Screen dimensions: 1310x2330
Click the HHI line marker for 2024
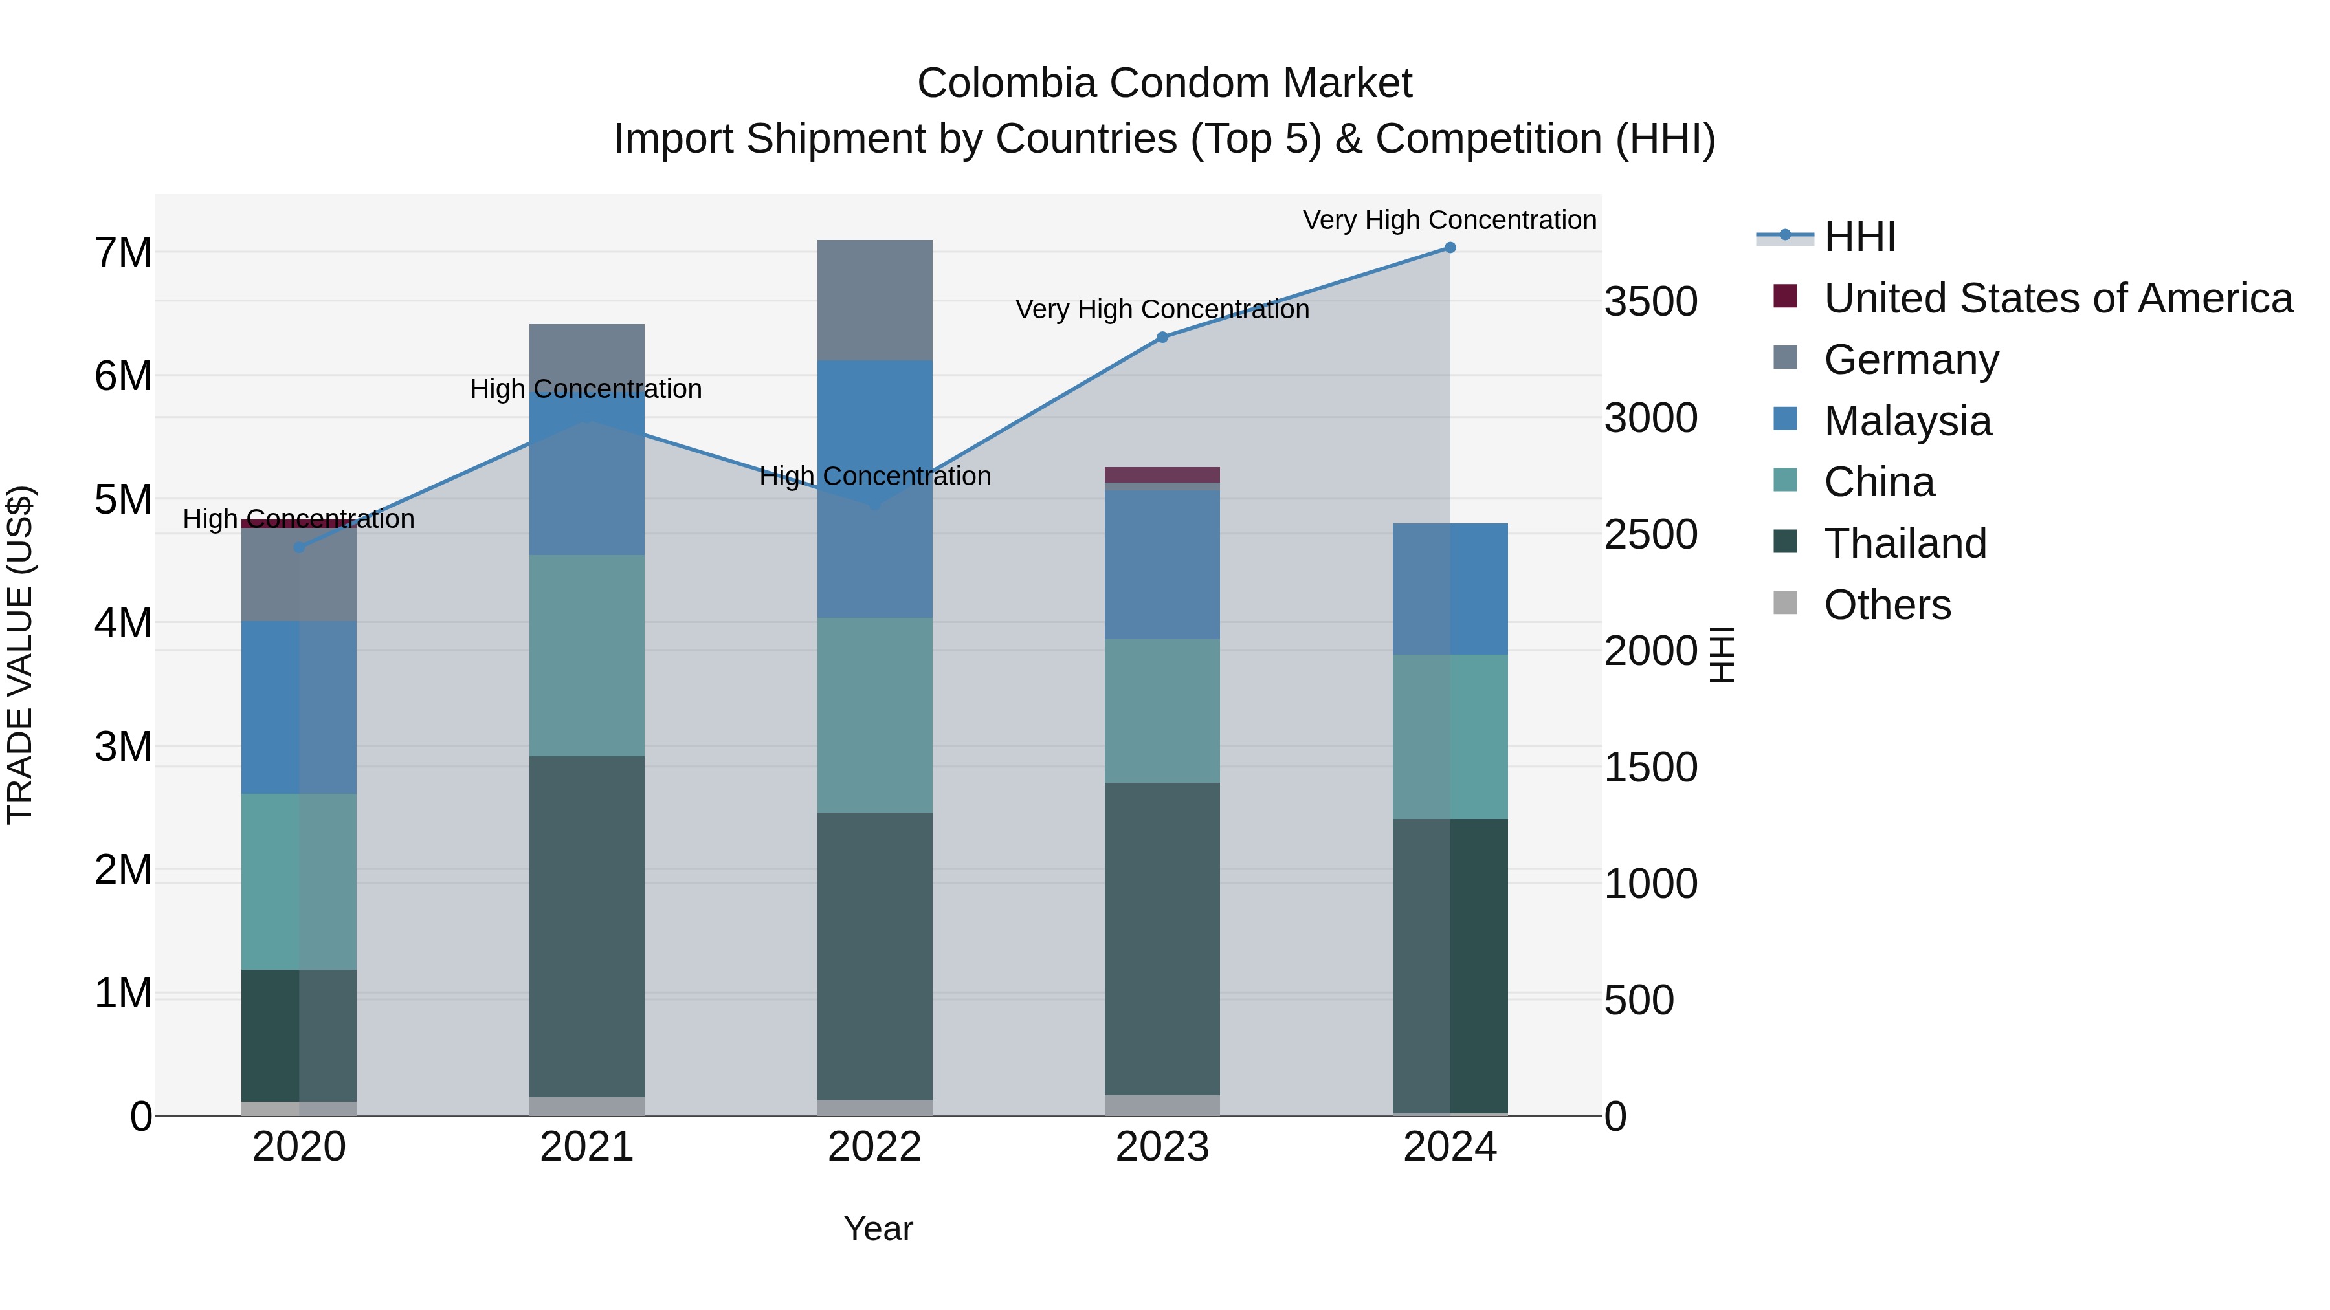[1449, 248]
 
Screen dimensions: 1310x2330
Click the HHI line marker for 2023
[1162, 337]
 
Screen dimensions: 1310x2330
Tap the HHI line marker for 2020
[300, 547]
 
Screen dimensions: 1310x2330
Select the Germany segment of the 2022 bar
[874, 300]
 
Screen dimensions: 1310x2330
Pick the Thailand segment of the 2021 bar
[586, 926]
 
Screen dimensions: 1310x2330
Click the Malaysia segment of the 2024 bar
[1449, 589]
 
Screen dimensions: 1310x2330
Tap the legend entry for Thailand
[1905, 543]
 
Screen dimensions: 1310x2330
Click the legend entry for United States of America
[2058, 298]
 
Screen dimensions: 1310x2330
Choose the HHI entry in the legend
[1859, 237]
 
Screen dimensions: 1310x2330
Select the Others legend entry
[1887, 605]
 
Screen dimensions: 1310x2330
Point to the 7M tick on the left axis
[124, 252]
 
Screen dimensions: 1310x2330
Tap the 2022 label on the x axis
[874, 1147]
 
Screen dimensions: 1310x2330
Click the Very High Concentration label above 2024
[1449, 220]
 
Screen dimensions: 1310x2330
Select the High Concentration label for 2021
[586, 389]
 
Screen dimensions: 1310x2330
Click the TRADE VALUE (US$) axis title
[20, 655]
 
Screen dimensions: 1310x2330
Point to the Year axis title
[878, 1228]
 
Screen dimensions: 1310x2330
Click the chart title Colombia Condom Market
[1164, 83]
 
